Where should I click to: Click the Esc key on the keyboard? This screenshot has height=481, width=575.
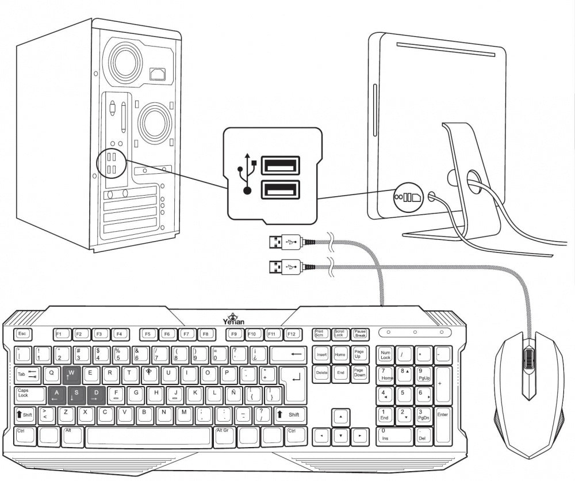click(x=23, y=334)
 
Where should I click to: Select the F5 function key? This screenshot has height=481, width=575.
click(x=148, y=334)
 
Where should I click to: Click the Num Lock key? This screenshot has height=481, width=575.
click(x=385, y=354)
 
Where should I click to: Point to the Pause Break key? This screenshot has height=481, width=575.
click(x=360, y=334)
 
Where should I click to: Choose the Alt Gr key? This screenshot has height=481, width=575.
click(x=225, y=433)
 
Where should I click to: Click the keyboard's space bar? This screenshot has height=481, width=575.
click(x=150, y=435)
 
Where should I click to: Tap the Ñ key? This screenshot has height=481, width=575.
click(x=233, y=394)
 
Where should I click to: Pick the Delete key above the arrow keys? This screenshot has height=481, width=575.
click(x=322, y=373)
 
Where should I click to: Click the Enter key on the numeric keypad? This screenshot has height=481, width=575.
click(x=442, y=424)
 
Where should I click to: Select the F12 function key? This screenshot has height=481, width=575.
click(x=292, y=334)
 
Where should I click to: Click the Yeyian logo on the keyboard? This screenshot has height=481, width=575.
click(x=233, y=318)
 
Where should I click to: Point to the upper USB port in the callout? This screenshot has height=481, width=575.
click(x=280, y=166)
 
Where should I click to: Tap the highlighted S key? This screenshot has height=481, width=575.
click(x=76, y=394)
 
